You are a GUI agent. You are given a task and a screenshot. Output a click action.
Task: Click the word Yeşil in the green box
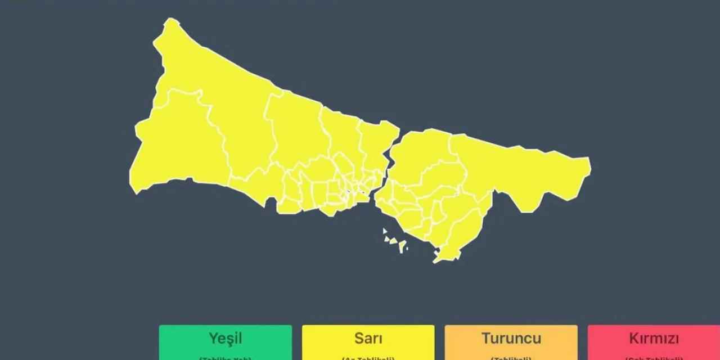pos(225,339)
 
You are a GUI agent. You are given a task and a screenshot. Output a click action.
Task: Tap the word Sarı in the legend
pos(368,339)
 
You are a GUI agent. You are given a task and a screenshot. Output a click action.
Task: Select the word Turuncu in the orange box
pos(511,339)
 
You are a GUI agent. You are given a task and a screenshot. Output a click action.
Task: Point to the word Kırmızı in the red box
pos(654,339)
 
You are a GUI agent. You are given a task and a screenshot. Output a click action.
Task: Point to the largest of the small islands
pos(403,246)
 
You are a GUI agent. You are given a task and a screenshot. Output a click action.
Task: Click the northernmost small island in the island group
pos(385,231)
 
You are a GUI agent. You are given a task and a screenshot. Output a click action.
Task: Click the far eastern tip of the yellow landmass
pos(589,166)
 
